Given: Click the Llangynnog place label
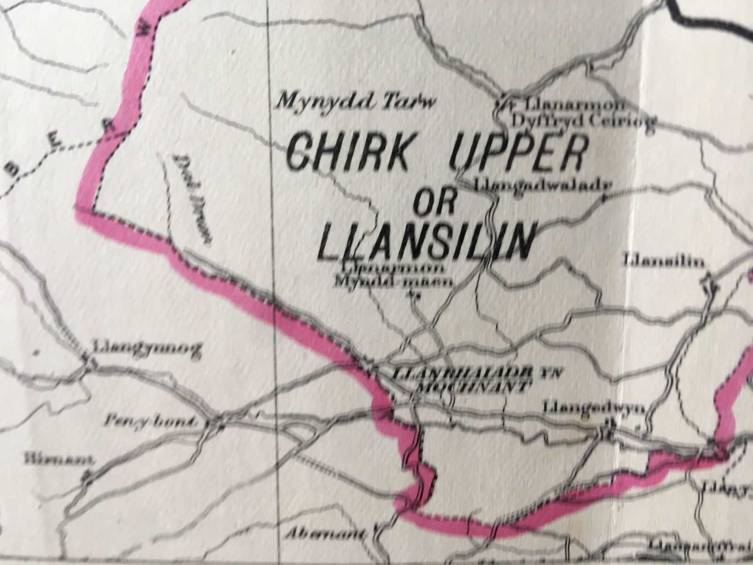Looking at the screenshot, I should coord(147,349).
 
